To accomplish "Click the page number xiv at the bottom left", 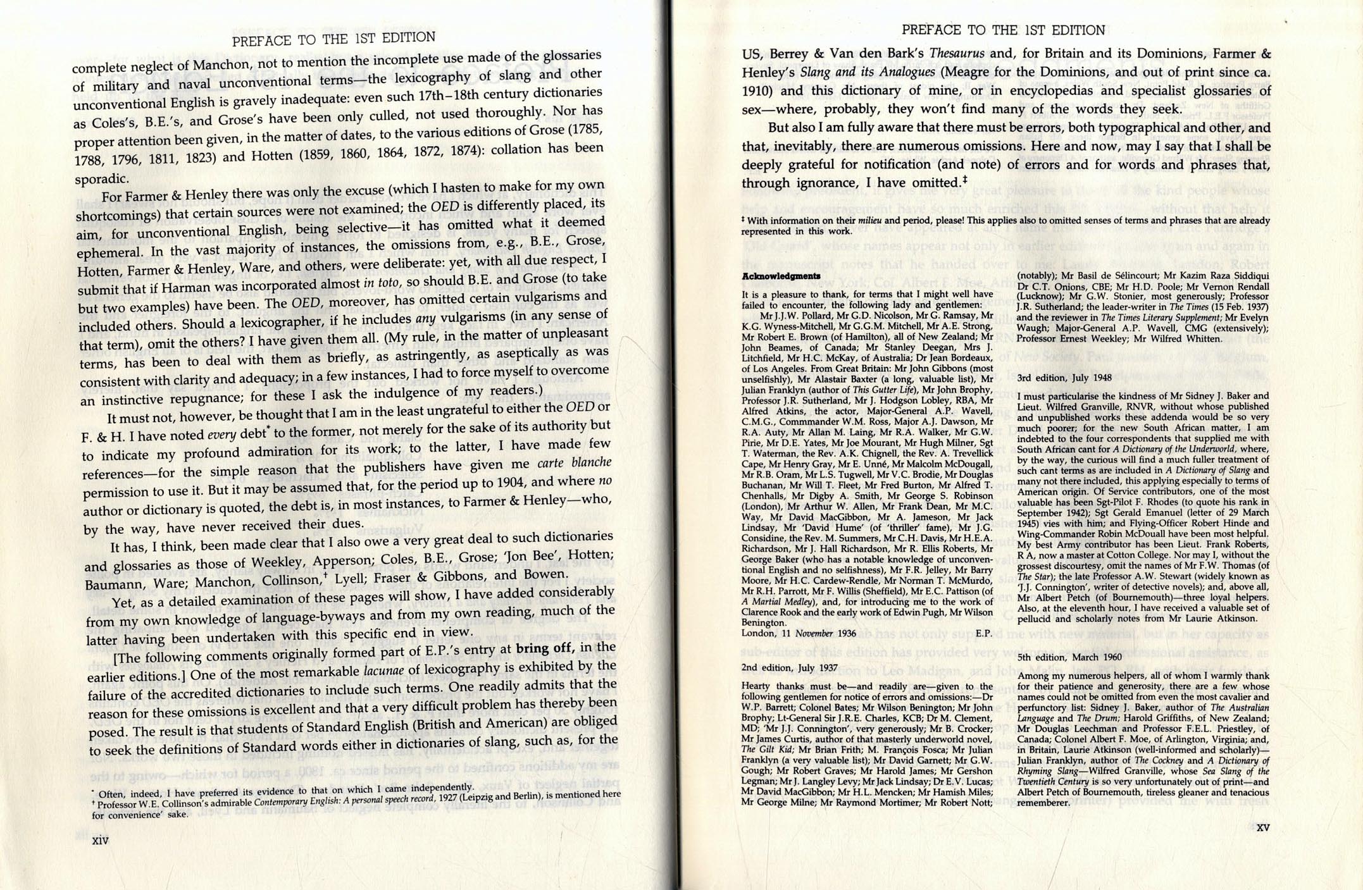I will (x=101, y=840).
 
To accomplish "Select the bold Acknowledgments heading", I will (x=781, y=276).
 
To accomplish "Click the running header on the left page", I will (x=333, y=39).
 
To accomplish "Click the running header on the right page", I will (x=1003, y=30).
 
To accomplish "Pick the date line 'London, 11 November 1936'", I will (x=799, y=633).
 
